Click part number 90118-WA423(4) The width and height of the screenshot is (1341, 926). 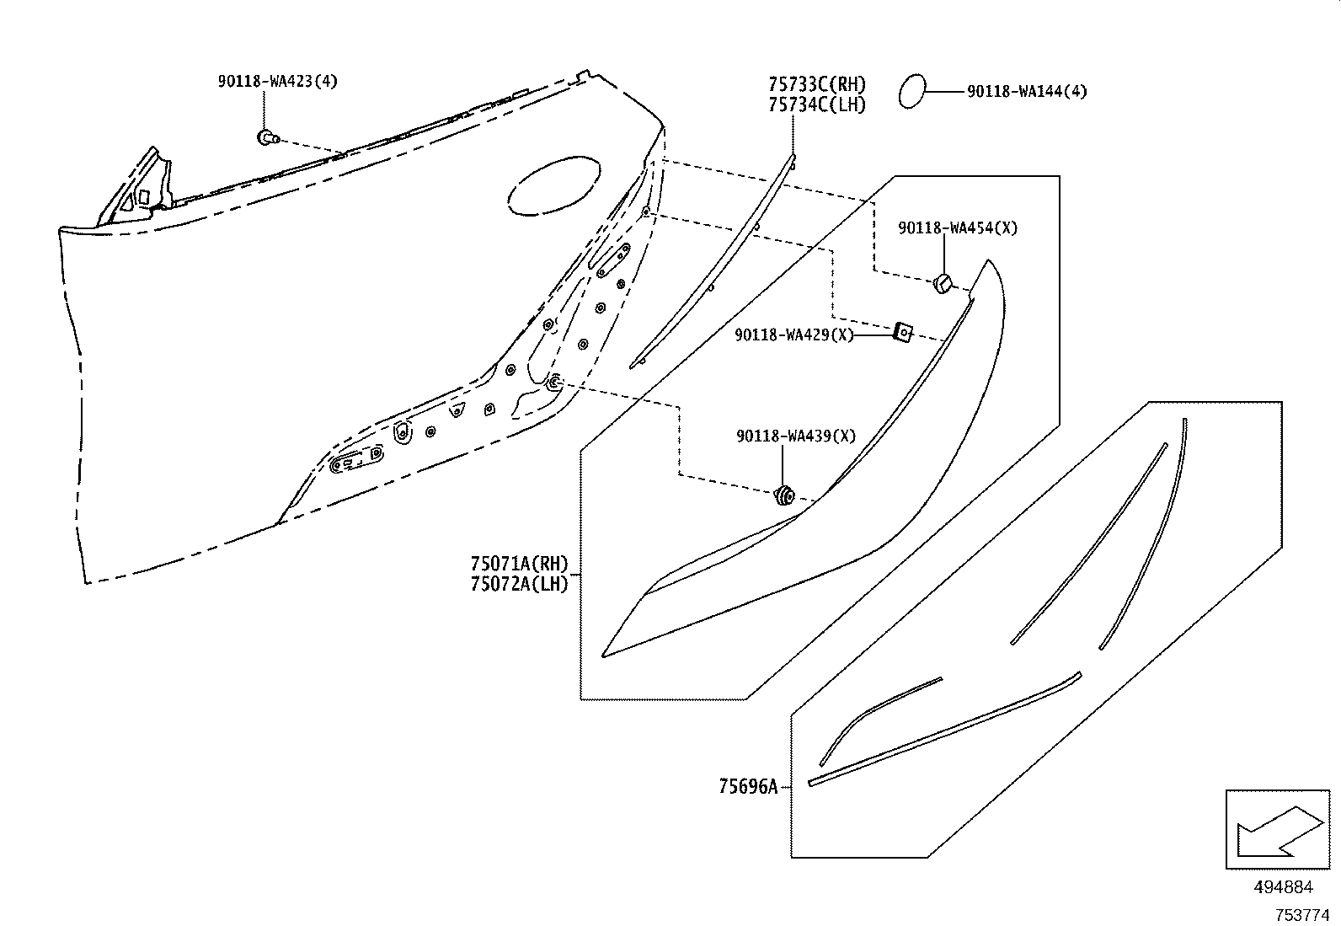(x=277, y=82)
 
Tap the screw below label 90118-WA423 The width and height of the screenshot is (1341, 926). (x=267, y=137)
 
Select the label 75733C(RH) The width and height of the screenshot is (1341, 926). (x=816, y=84)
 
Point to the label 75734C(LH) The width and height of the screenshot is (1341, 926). (x=816, y=104)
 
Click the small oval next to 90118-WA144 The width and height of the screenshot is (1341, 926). (x=912, y=91)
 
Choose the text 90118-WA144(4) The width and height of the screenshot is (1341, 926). (x=1026, y=92)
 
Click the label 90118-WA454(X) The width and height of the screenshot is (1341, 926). (x=957, y=227)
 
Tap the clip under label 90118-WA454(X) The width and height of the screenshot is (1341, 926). (x=943, y=284)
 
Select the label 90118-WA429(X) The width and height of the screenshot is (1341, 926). (x=793, y=335)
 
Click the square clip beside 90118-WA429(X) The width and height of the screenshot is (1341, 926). (x=902, y=333)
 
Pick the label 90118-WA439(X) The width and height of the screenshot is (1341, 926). (x=795, y=436)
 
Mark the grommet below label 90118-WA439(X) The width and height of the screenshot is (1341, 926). (x=784, y=496)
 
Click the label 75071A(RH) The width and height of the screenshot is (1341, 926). (x=519, y=564)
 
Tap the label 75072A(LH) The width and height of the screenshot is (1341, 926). (x=519, y=584)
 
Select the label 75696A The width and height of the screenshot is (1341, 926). (x=747, y=787)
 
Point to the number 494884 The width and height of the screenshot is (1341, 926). (x=1283, y=887)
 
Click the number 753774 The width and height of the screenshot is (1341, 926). (x=1301, y=914)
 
